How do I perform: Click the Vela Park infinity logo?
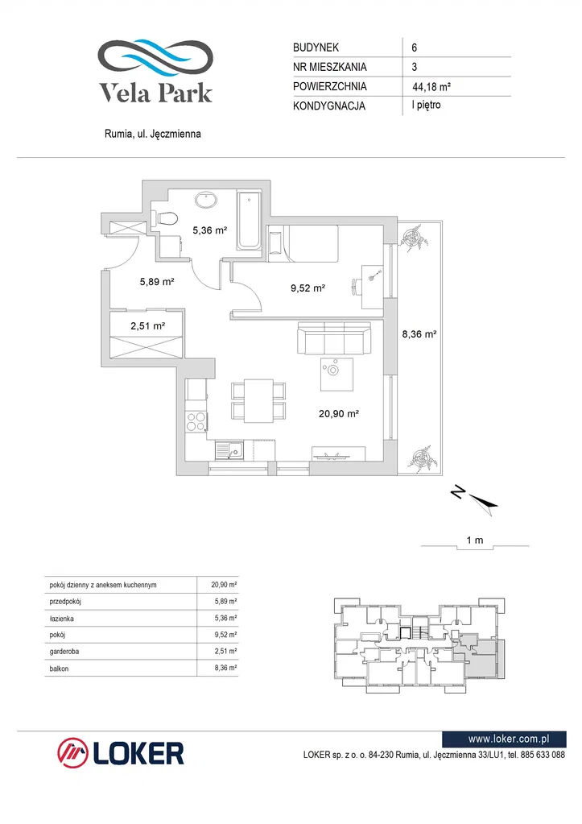(155, 57)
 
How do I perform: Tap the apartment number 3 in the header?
(413, 68)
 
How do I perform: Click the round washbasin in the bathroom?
(208, 199)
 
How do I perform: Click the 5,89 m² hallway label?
(157, 282)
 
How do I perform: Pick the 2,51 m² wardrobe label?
(148, 325)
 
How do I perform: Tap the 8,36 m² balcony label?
(419, 333)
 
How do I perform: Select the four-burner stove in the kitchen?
(196, 421)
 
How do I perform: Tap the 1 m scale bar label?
(474, 540)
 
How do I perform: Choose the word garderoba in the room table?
(64, 651)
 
